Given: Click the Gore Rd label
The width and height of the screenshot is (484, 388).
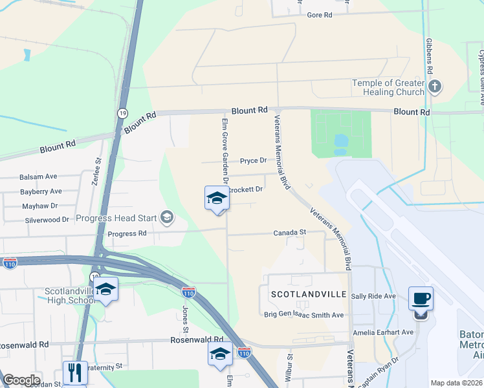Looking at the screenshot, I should pyautogui.click(x=319, y=15).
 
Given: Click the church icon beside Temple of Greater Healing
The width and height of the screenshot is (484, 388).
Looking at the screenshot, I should pyautogui.click(x=435, y=87).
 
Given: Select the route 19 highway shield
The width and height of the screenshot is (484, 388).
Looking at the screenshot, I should pyautogui.click(x=122, y=113).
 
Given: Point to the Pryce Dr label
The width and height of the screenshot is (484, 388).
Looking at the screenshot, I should pyautogui.click(x=254, y=160).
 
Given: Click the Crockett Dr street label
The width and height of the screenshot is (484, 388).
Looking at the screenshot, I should pyautogui.click(x=247, y=189).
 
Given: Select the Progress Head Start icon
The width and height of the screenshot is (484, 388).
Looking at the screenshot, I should pyautogui.click(x=168, y=217).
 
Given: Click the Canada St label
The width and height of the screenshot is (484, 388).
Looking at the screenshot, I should pyautogui.click(x=289, y=232).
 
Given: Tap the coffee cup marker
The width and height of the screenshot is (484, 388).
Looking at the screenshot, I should pyautogui.click(x=421, y=299).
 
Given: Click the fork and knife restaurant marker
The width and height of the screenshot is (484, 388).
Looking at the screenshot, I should pyautogui.click(x=76, y=372).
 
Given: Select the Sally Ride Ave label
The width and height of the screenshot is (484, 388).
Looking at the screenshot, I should pyautogui.click(x=373, y=296).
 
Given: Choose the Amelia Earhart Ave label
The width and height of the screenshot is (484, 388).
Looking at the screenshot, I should pyautogui.click(x=383, y=332).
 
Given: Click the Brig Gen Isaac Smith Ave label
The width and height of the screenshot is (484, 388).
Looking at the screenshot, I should pyautogui.click(x=303, y=315).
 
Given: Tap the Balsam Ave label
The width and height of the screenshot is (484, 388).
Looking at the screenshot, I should pyautogui.click(x=38, y=177).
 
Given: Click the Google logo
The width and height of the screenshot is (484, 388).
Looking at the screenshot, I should pyautogui.click(x=21, y=380).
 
